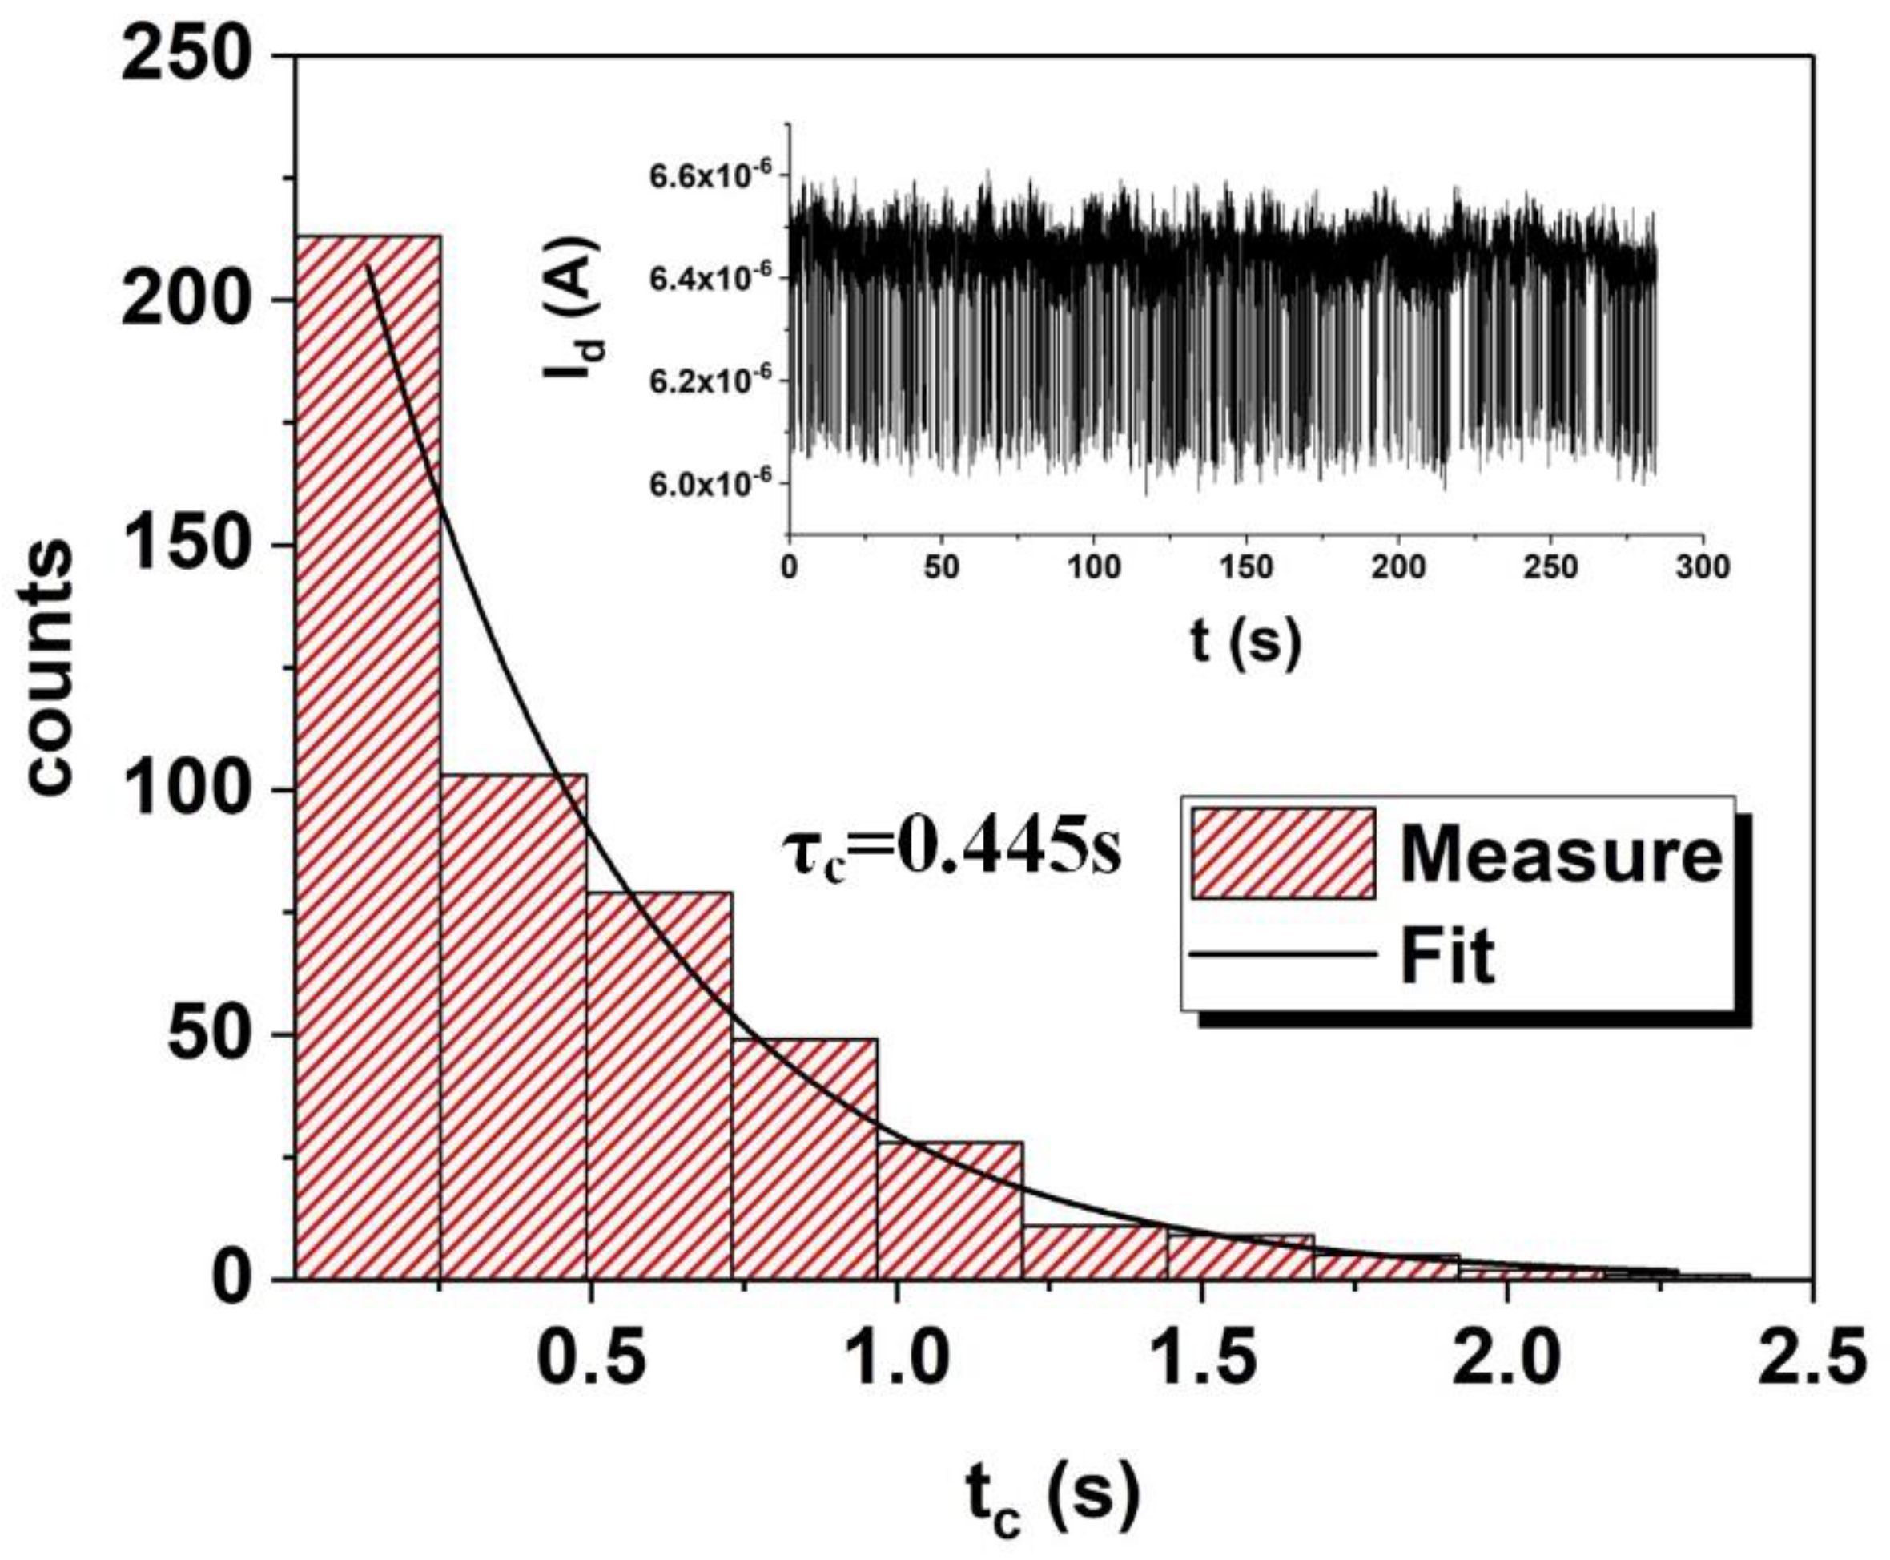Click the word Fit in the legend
click(1447, 958)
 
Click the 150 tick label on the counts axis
click(184, 546)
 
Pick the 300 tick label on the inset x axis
click(1703, 568)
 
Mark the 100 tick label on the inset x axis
click(1093, 568)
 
